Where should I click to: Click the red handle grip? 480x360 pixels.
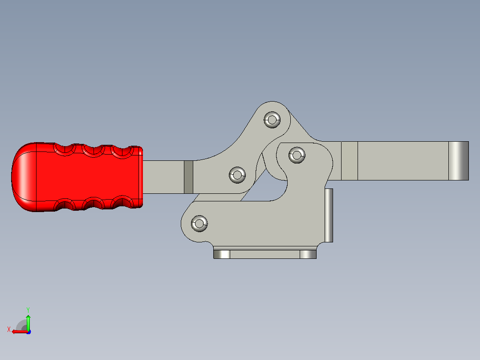[77, 177]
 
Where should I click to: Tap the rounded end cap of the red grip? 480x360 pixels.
[24, 177]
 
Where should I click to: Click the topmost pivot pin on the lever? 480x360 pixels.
[272, 120]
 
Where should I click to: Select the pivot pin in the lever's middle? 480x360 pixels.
[237, 175]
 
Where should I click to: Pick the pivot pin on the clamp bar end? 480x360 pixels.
[297, 155]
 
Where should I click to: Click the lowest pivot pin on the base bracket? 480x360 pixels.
[199, 223]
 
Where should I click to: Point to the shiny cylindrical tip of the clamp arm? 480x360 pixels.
[459, 161]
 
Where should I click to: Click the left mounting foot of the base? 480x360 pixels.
[222, 254]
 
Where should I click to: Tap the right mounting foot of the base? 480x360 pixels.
[308, 254]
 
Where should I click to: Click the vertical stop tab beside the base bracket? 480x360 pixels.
[329, 215]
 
